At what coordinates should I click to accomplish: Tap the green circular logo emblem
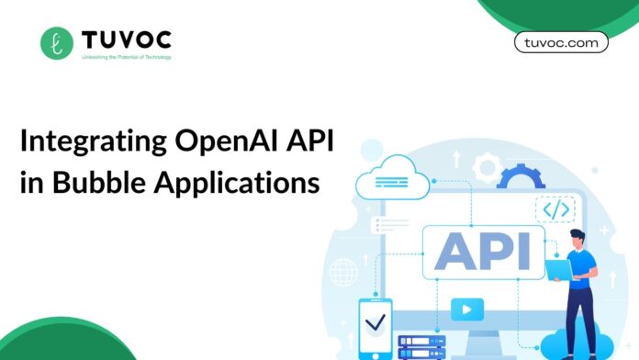tap(57, 42)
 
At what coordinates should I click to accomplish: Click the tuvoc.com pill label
tap(561, 42)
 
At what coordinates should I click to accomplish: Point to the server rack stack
tap(421, 346)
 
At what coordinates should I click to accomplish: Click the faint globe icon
tap(344, 272)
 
